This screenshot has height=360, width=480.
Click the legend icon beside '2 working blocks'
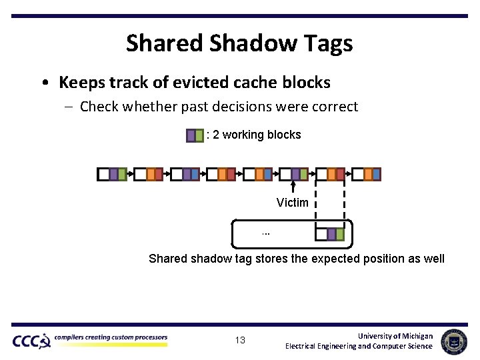click(195, 135)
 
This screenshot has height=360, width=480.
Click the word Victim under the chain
click(293, 203)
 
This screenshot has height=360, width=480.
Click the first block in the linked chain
click(112, 174)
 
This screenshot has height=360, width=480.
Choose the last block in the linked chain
click(366, 174)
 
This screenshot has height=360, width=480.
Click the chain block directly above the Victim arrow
click(293, 174)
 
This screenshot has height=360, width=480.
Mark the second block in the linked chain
click(148, 174)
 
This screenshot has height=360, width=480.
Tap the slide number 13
click(240, 341)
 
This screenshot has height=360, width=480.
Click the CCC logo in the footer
click(31, 341)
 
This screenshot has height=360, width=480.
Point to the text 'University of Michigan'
click(395, 336)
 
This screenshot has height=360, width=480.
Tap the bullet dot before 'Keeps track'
click(43, 83)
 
